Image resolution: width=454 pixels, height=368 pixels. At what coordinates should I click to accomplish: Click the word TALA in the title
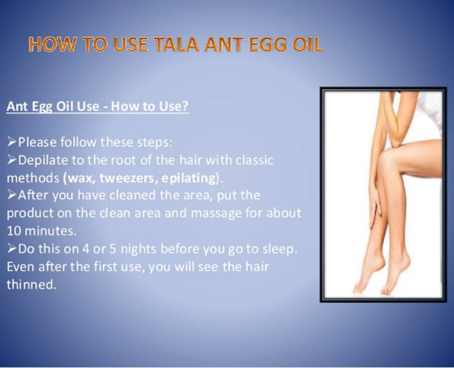point(176,45)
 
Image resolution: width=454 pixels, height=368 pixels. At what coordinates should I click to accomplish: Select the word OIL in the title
point(307,45)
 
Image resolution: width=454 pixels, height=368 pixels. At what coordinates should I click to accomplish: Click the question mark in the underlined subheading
point(185,106)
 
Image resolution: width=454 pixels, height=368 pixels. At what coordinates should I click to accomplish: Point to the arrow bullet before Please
point(12,142)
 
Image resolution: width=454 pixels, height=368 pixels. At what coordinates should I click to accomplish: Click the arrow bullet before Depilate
point(12,160)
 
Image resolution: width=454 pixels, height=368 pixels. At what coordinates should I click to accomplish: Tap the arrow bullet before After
point(12,195)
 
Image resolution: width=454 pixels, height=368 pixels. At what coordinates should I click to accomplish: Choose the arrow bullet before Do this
point(12,248)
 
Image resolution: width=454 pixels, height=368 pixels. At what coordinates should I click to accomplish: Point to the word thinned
point(31,284)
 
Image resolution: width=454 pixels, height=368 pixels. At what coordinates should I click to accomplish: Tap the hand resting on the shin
point(376,200)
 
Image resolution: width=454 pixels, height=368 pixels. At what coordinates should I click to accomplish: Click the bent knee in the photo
point(389,158)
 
